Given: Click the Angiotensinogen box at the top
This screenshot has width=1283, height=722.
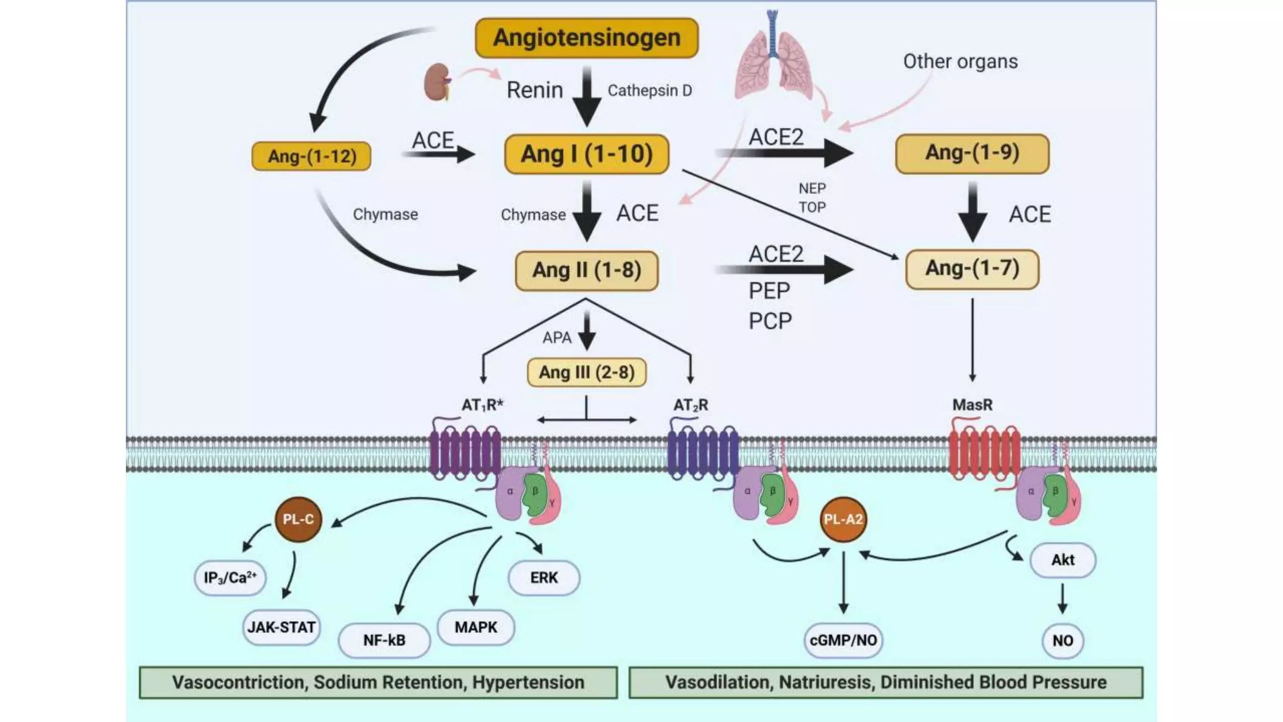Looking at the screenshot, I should pos(586,38).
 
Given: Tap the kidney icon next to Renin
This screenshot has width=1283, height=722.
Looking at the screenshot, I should pos(437,82).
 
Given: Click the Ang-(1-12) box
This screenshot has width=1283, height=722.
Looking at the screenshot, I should pos(311,156).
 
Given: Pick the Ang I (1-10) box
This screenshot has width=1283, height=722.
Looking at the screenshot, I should pos(586,154).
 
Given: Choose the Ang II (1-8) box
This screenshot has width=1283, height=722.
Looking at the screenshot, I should pos(586,270).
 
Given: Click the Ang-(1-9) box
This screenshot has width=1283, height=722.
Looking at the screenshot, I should pos(972,153).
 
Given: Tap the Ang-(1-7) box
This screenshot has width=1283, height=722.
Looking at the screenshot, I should pos(972,269).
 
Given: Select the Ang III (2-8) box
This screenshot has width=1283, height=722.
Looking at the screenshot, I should pos(586,372).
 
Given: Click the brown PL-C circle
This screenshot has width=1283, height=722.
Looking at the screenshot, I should pos(298,520).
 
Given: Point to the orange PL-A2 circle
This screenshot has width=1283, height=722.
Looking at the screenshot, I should pos(843,520).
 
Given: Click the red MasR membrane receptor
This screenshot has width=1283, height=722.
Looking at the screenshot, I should pos(984,453).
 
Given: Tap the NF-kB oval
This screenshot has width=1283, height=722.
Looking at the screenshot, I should pos(384,640).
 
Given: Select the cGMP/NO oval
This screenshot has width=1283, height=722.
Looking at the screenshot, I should pos(843,640).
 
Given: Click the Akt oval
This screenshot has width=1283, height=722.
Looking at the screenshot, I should pos(1062,560).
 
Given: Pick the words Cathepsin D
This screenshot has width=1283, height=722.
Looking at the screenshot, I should pos(650,91).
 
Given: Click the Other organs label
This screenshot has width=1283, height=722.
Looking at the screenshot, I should pos(960,61).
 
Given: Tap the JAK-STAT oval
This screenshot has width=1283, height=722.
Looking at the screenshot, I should pos(281,627).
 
